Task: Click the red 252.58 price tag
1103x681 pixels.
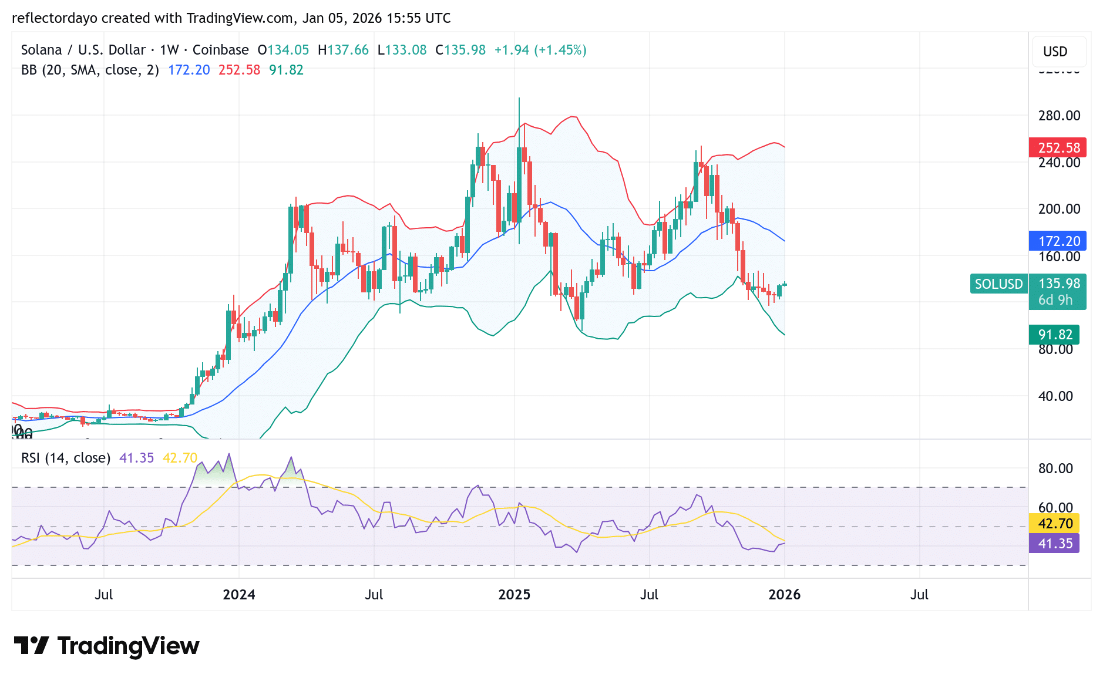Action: (x=1058, y=147)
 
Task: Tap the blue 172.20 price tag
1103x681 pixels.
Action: (x=1058, y=241)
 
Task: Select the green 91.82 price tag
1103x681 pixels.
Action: (x=1054, y=335)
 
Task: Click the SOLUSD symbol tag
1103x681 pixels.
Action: (x=998, y=284)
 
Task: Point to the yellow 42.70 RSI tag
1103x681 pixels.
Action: (x=1054, y=523)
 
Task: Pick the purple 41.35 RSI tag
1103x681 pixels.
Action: (x=1054, y=544)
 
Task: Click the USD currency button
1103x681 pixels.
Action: (x=1055, y=52)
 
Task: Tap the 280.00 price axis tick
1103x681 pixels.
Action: (x=1059, y=116)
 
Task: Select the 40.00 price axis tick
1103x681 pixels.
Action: (x=1055, y=396)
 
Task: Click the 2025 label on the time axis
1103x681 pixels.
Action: (x=514, y=595)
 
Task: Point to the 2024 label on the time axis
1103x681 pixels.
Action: (x=238, y=595)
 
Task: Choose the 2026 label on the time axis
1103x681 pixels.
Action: (x=784, y=595)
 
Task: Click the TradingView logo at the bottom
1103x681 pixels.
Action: (x=106, y=646)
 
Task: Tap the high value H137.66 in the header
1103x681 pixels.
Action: (x=343, y=50)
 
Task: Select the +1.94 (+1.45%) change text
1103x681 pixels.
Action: (x=540, y=50)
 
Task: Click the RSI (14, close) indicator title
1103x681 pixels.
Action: (x=66, y=458)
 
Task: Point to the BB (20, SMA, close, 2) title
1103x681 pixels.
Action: (x=90, y=70)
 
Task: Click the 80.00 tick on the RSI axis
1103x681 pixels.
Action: (x=1055, y=468)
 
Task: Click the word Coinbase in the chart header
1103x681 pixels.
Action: (x=220, y=50)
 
